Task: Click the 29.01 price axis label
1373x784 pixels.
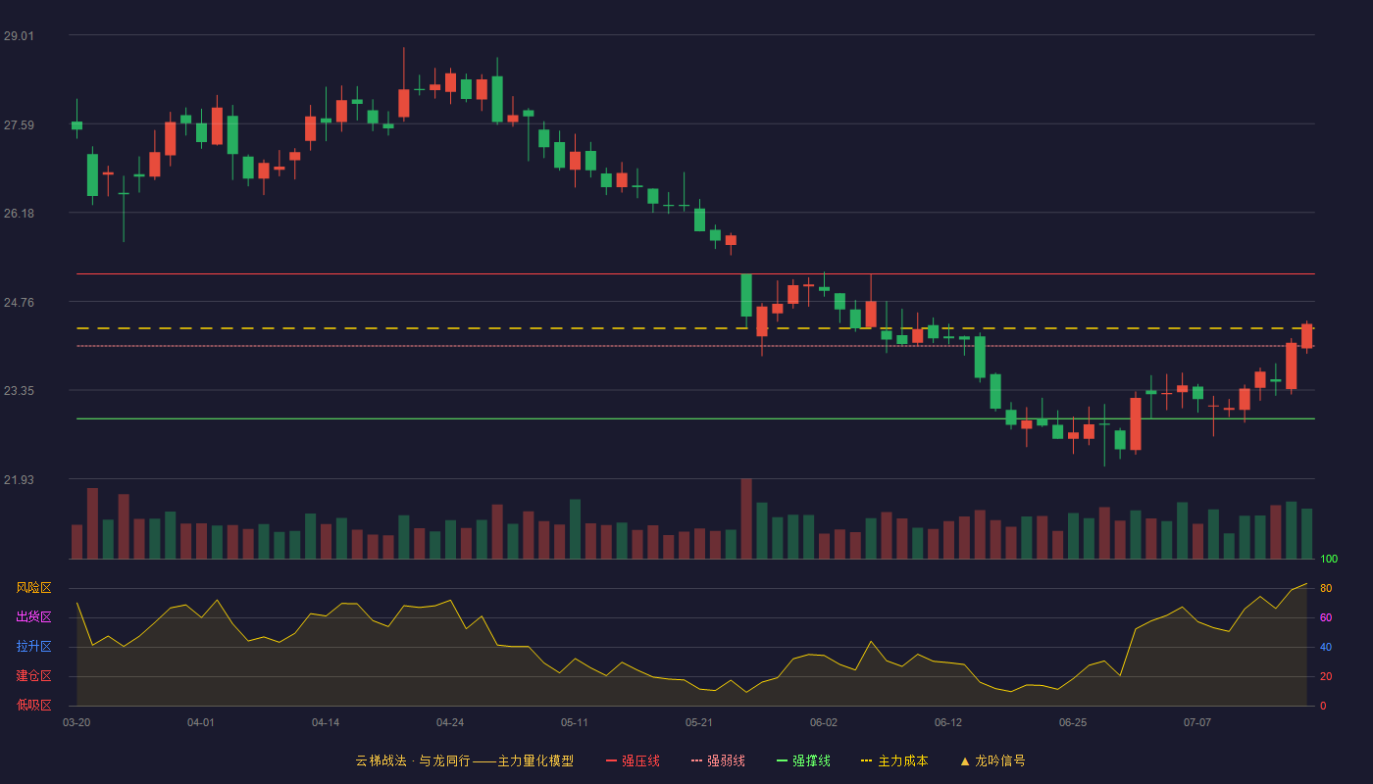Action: pos(19,36)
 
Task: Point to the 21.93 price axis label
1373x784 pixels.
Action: pos(19,479)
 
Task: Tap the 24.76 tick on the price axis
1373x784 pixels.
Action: pos(19,303)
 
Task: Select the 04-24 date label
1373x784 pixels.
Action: pos(450,723)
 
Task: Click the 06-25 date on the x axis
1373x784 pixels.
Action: pos(1073,723)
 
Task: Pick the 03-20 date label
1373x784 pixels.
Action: pos(76,723)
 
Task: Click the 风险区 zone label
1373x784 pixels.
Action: pos(33,588)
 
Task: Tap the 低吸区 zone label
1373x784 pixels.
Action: pos(33,706)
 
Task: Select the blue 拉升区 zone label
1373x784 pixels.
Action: pos(33,647)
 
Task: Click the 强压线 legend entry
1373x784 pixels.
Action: pos(634,760)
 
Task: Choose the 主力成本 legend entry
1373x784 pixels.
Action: pos(894,760)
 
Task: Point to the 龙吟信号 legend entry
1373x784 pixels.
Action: pos(992,760)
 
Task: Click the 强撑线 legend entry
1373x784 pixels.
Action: pos(803,760)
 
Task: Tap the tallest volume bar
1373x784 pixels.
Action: pos(746,518)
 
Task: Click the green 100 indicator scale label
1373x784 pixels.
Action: pos(1329,559)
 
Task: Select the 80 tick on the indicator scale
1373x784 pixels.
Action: pos(1326,588)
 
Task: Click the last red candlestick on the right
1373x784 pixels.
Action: pos(1306,336)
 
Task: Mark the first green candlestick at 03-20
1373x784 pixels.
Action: pos(76,125)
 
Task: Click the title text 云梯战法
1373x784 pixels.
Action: pos(381,760)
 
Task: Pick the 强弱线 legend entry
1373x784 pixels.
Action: pos(718,760)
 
